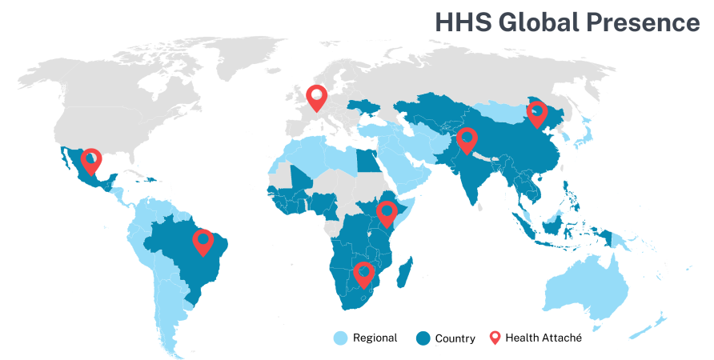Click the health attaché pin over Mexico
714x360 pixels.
[x=91, y=160]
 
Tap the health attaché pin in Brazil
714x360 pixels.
[x=203, y=241]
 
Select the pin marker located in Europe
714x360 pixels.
[x=317, y=97]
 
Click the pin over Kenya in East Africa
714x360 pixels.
[x=387, y=213]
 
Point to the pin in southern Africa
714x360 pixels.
[x=363, y=274]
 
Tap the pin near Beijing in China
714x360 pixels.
[x=536, y=113]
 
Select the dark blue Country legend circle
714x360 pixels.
[x=424, y=338]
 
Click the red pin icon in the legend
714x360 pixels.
[x=495, y=338]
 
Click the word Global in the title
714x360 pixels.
[x=535, y=22]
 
